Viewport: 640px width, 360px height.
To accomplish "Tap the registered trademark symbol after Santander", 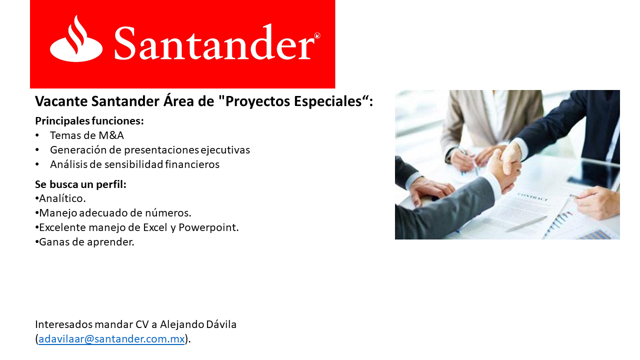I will pos(317,35).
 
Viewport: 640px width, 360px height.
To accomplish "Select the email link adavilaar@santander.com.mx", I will pos(111,338).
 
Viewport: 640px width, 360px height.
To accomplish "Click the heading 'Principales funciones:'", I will pos(89,121).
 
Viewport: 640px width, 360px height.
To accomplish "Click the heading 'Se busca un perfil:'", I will pos(80,184).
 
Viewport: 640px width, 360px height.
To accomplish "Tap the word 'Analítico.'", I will pos(62,199).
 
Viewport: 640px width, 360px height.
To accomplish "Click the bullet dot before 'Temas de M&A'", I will pos(37,135).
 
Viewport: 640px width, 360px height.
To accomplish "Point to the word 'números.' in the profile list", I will pos(169,213).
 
